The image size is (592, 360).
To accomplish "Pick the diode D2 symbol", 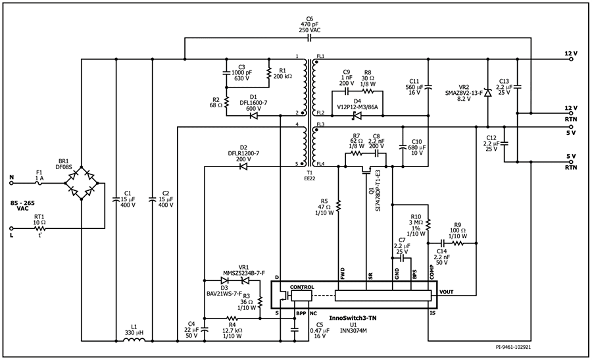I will pyautogui.click(x=243, y=167).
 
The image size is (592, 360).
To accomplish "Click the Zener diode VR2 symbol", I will pyautogui.click(x=487, y=93).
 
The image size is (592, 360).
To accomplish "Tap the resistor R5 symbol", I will pyautogui.click(x=337, y=207).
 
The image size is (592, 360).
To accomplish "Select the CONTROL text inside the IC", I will pyautogui.click(x=302, y=288).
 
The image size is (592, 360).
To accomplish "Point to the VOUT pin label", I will pyautogui.click(x=447, y=292).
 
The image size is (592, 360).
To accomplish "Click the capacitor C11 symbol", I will pyautogui.click(x=428, y=86).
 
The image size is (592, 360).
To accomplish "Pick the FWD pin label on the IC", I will pyautogui.click(x=341, y=272).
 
